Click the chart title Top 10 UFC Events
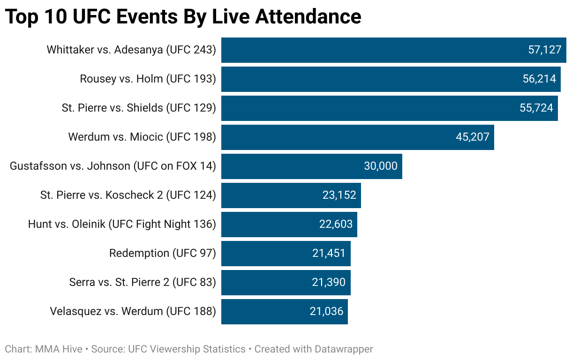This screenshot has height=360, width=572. pos(183,17)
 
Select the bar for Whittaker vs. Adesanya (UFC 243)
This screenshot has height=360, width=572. pos(375,50)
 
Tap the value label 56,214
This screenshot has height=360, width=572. pos(539,79)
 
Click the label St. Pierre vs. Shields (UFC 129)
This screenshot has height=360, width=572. pos(139,108)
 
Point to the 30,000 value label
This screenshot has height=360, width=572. pos(380,166)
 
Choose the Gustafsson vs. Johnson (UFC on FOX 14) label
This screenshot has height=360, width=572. pos(113,166)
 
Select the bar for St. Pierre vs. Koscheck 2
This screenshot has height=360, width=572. pos(272,195)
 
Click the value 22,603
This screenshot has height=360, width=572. pos(336,224)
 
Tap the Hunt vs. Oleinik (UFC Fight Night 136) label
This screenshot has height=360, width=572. pos(122,224)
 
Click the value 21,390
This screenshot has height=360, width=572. pos(329,282)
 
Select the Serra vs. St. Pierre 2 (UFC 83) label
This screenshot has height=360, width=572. pos(143,282)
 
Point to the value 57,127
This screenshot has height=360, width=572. pos(544,50)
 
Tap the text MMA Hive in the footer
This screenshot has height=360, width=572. pos(59,349)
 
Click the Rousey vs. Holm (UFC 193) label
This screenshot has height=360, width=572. pos(148,79)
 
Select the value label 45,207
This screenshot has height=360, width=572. pos(472,137)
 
